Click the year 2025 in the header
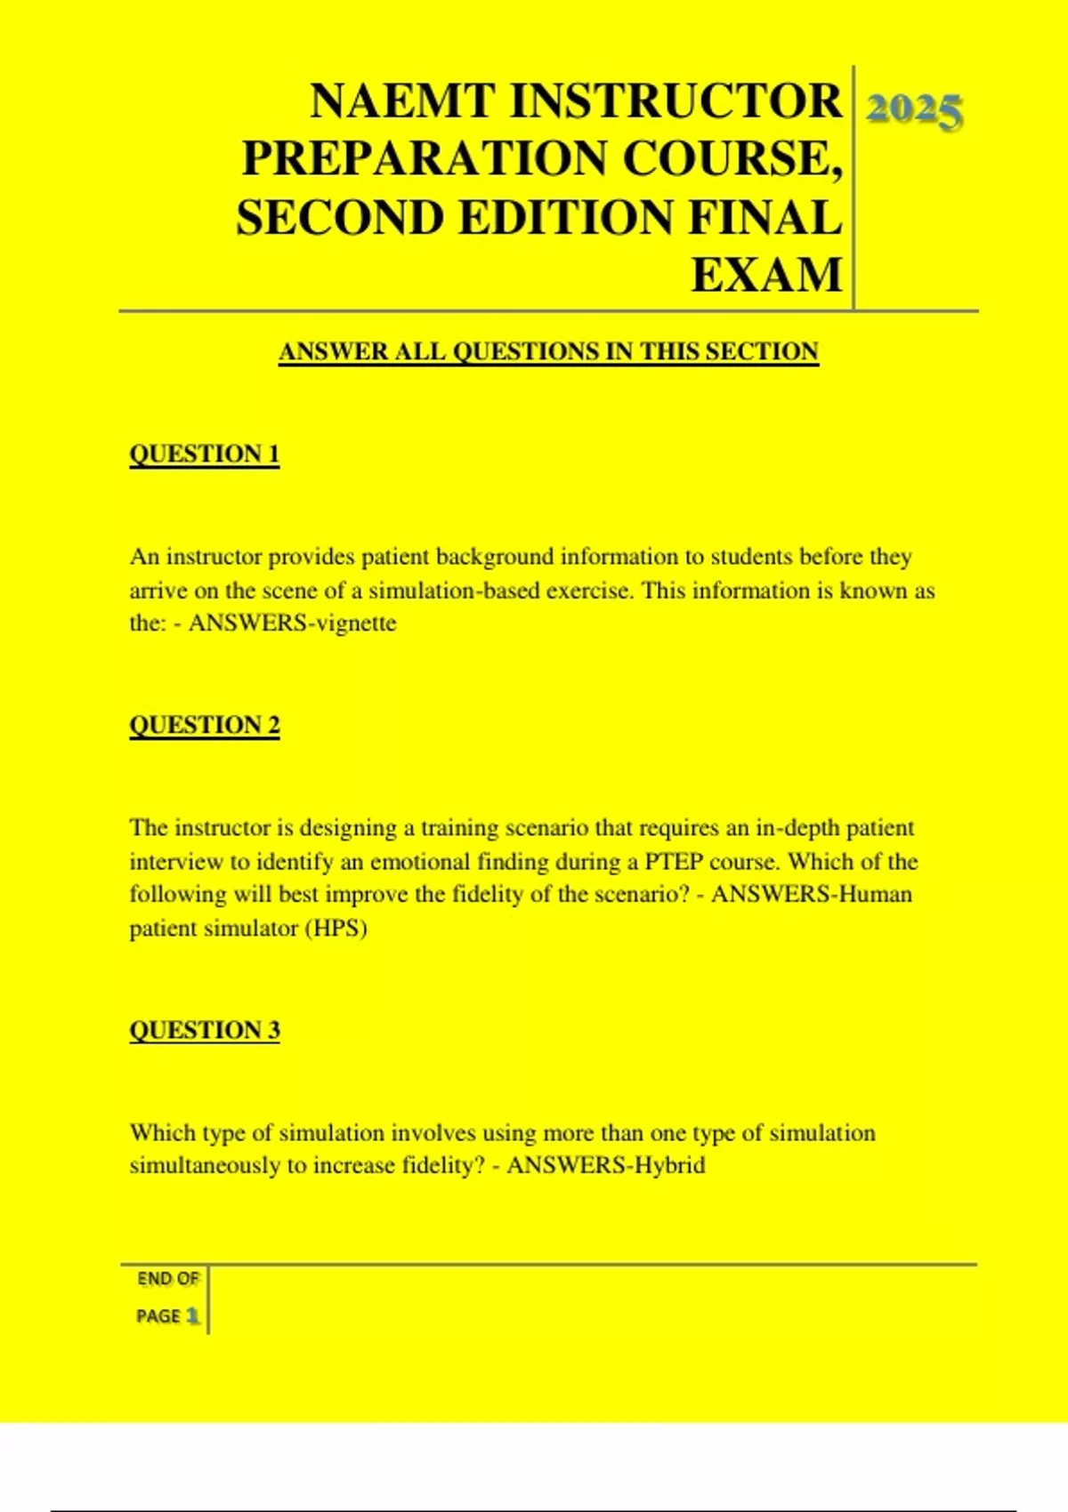[x=914, y=112]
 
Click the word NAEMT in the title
[x=403, y=101]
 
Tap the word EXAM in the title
[x=766, y=275]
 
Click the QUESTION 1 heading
[x=205, y=454]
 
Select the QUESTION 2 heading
[x=205, y=725]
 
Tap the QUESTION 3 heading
[x=205, y=1030]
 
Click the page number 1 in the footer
[x=192, y=1315]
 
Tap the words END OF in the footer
[x=168, y=1279]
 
